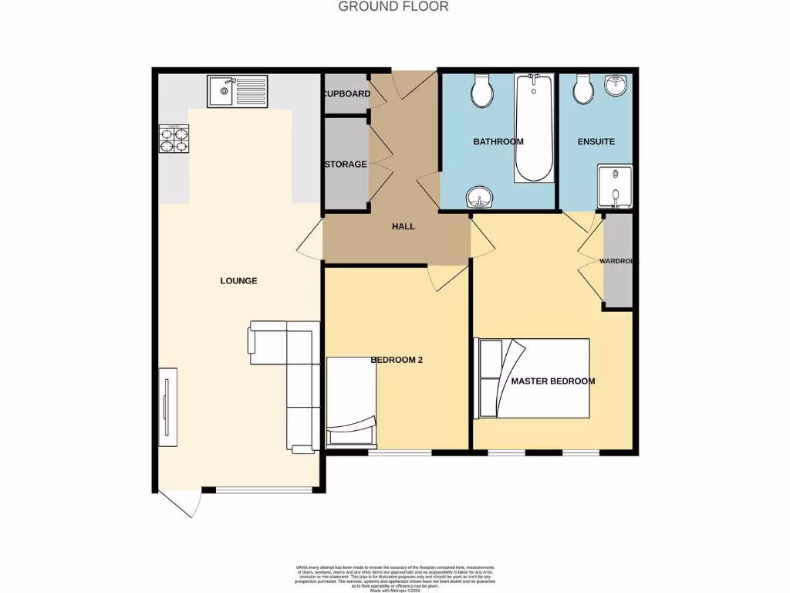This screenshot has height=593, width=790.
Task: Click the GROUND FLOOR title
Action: (393, 7)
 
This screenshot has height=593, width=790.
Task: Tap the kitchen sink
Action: (237, 91)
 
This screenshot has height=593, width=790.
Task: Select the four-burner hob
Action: (174, 139)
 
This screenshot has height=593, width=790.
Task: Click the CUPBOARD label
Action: (346, 94)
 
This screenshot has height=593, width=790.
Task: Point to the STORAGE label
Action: (346, 164)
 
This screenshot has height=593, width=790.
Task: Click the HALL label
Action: (403, 226)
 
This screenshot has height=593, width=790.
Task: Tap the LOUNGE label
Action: (238, 280)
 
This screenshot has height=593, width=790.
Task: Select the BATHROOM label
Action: (498, 141)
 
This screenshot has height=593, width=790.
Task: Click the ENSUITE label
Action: (596, 141)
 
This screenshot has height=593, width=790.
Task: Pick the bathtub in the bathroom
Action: (533, 128)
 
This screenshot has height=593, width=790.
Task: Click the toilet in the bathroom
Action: (483, 90)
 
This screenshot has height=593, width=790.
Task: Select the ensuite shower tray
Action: (615, 187)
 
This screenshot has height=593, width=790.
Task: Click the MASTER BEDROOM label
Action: (553, 381)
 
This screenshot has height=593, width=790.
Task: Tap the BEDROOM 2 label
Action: (397, 360)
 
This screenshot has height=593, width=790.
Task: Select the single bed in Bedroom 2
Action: (352, 402)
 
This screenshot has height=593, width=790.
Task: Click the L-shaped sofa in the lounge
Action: (293, 371)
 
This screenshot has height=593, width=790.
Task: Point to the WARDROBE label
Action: (619, 261)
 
